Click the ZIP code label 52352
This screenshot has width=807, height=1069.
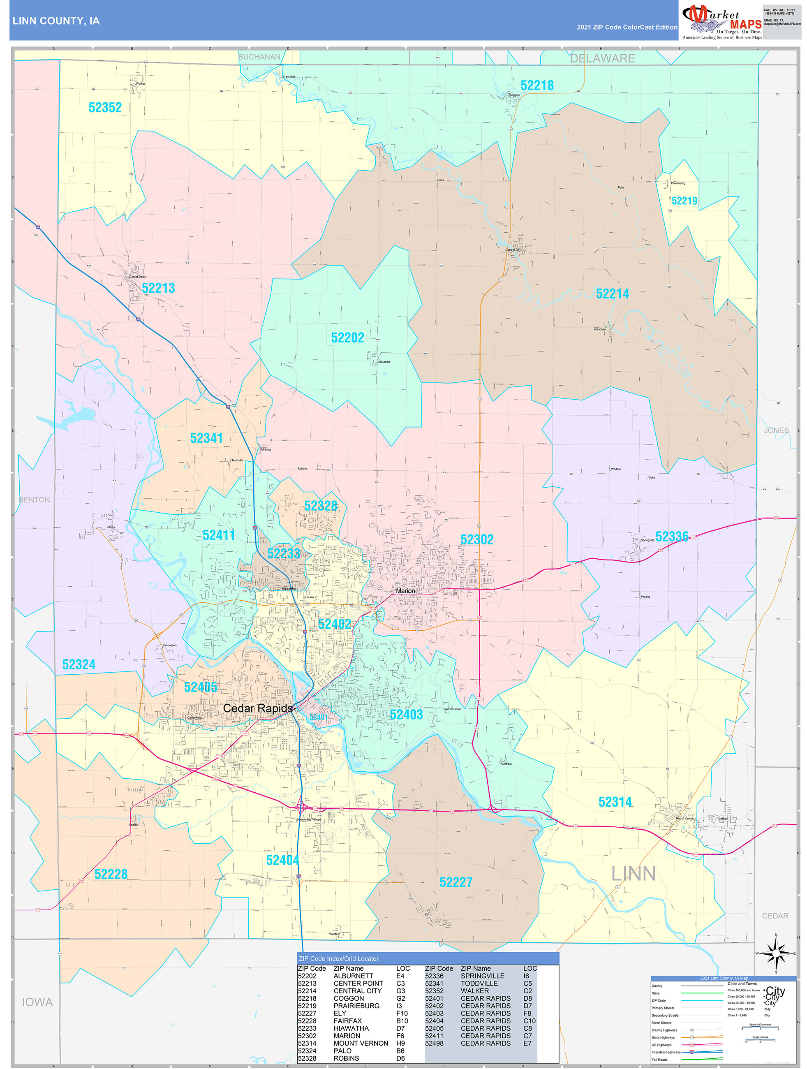[x=105, y=108]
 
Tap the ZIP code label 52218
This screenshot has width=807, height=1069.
[x=536, y=86]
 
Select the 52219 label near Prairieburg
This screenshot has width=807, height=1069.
[x=684, y=201]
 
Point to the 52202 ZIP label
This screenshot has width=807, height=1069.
[x=347, y=338]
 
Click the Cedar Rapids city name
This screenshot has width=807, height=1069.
[x=258, y=708]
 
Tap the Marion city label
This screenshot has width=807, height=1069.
[x=405, y=590]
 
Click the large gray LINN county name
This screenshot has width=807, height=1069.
[x=633, y=874]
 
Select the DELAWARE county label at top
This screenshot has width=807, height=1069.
[x=602, y=58]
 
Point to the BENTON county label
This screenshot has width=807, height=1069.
[x=34, y=500]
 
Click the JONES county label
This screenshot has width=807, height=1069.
[x=776, y=430]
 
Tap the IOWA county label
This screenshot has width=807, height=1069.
[x=37, y=1002]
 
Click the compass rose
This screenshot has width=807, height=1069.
[x=776, y=953]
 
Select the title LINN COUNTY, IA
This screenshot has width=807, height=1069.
[x=56, y=21]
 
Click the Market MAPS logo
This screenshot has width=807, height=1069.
[x=721, y=21]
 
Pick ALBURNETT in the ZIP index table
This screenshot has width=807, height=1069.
[x=353, y=976]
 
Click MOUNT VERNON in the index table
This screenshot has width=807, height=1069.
[x=361, y=1043]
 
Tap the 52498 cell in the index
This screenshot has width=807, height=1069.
[x=434, y=1043]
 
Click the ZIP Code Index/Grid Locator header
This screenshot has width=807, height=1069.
[x=338, y=958]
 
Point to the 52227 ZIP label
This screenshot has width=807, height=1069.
[x=455, y=882]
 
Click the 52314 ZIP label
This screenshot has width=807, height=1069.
[x=615, y=802]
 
